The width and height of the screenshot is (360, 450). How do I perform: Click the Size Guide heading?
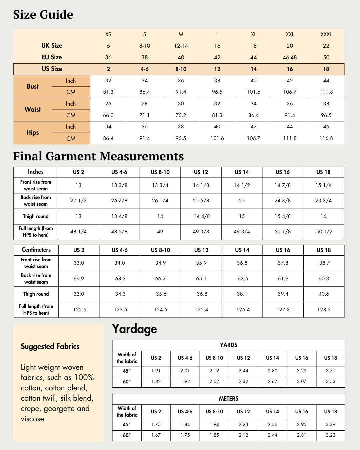pyautogui.click(x=43, y=15)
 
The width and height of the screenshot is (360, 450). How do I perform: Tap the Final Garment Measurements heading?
pyautogui.click(x=98, y=156)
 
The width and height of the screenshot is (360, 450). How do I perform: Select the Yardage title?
pyautogui.click(x=134, y=329)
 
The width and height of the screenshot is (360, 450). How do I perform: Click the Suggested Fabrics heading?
pyautogui.click(x=50, y=346)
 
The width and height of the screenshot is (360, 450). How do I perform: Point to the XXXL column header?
pyautogui.click(x=326, y=34)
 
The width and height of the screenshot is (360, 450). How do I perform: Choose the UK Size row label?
pyautogui.click(x=52, y=46)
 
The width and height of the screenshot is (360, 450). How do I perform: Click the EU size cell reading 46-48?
pyautogui.click(x=290, y=57)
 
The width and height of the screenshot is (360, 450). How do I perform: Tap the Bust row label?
pyautogui.click(x=33, y=86)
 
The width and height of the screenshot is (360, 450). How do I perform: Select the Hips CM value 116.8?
pyautogui.click(x=326, y=138)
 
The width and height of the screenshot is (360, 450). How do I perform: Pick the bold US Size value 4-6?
pyautogui.click(x=144, y=69)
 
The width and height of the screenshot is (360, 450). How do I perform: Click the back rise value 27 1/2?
pyautogui.click(x=78, y=201)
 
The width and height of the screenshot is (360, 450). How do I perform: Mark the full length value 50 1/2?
pyautogui.click(x=324, y=232)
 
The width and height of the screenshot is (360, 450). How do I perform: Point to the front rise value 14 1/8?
pyautogui.click(x=201, y=185)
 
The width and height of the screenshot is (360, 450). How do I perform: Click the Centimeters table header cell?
pyautogui.click(x=36, y=250)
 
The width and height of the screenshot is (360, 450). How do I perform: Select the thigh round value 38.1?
pyautogui.click(x=242, y=294)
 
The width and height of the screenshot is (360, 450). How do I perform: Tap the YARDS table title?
pyautogui.click(x=229, y=345)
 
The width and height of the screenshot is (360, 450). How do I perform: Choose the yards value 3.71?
pyautogui.click(x=330, y=371)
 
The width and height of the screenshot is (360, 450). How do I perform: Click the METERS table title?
pyautogui.click(x=229, y=399)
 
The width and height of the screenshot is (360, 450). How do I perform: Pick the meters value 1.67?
pyautogui.click(x=156, y=435)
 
